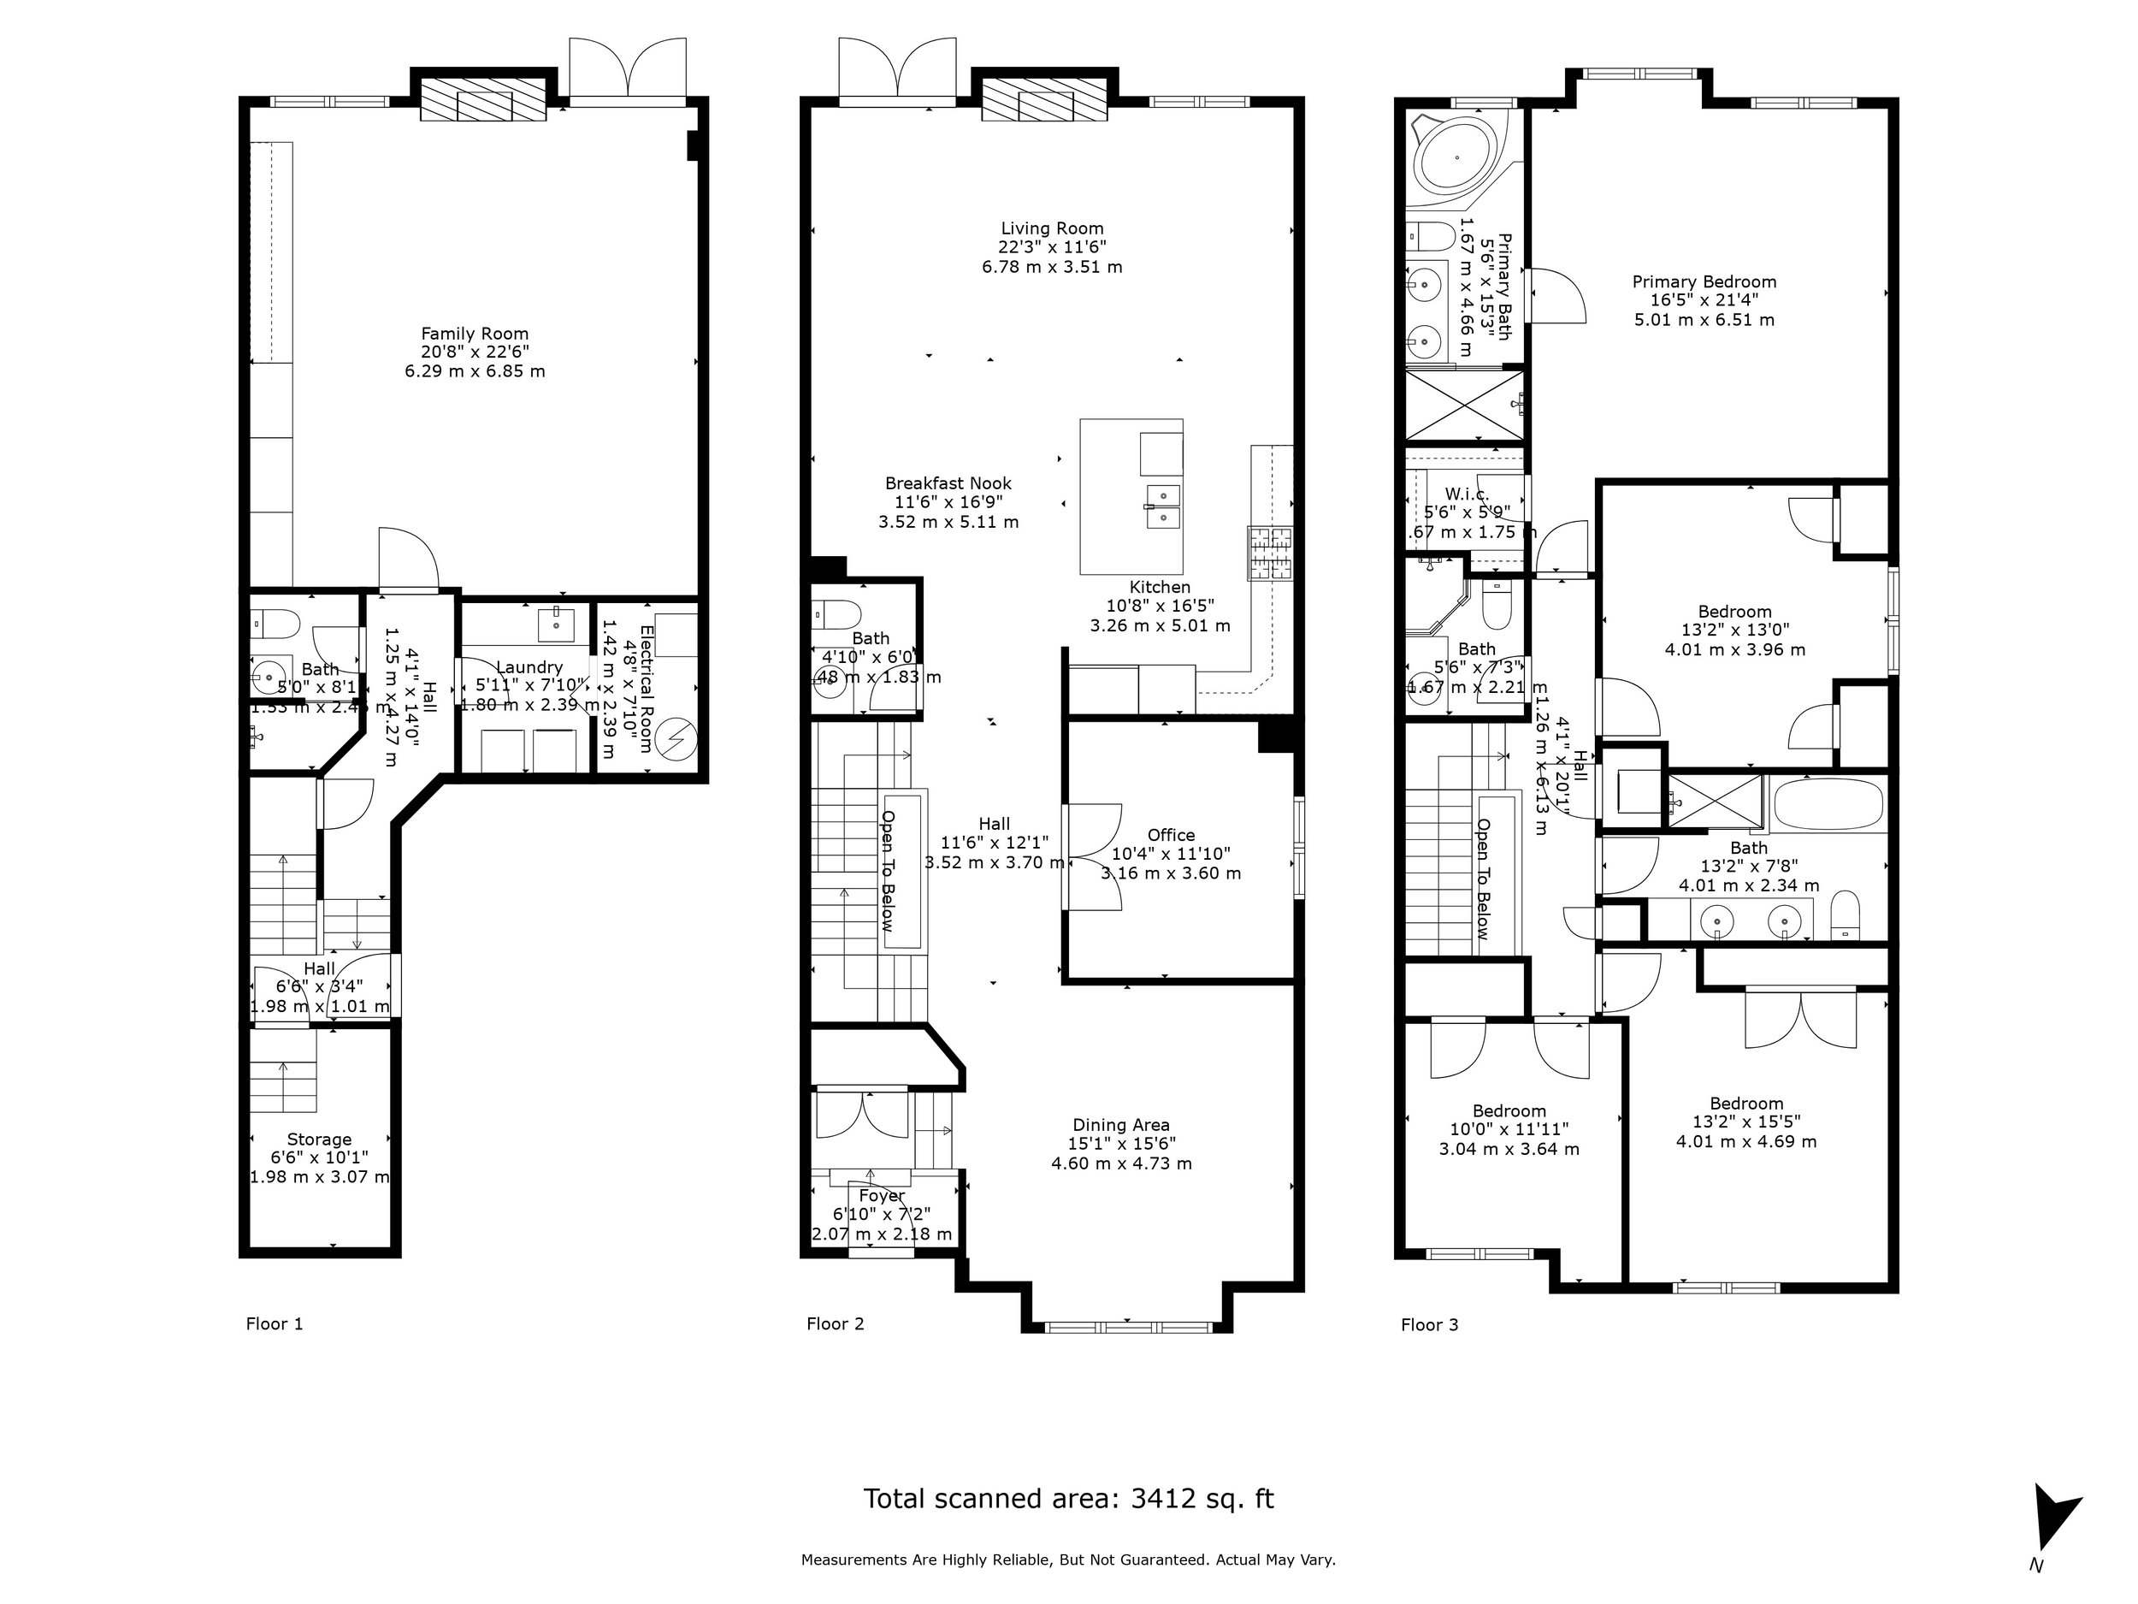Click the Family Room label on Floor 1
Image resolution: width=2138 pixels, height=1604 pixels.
(x=475, y=334)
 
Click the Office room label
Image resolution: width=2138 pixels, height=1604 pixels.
(x=1171, y=835)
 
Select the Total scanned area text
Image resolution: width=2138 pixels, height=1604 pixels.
(x=1068, y=1499)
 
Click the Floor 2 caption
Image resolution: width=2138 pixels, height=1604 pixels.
(x=835, y=1323)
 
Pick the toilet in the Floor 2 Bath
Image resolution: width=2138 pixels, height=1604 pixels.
(x=836, y=615)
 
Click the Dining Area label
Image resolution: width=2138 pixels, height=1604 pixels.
(x=1120, y=1124)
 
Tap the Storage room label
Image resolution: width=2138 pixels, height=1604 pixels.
(x=319, y=1139)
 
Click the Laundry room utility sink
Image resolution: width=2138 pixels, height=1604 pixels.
(x=557, y=623)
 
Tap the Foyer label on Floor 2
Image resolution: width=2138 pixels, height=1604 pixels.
(x=882, y=1196)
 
